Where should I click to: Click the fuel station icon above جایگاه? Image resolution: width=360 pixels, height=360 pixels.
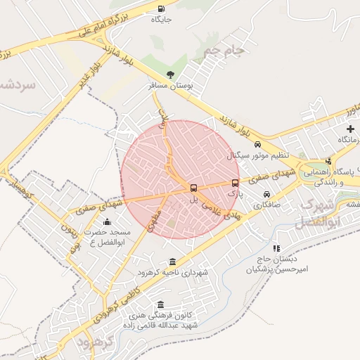[x=161, y=9]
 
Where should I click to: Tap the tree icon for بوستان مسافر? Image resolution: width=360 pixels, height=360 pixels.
[x=170, y=74]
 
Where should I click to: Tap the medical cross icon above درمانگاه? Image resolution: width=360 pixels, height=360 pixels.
[x=350, y=129]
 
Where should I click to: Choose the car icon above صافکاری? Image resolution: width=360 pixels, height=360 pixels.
[x=266, y=194]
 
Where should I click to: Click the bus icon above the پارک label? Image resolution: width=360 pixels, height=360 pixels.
[x=235, y=183]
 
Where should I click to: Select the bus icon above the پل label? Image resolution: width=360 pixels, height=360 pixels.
[x=194, y=188]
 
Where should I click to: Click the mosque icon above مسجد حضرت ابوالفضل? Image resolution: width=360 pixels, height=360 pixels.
[x=107, y=222]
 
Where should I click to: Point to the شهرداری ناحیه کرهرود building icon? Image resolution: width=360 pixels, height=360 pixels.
[x=173, y=262]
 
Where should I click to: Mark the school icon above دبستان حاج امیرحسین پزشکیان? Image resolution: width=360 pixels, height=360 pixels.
[x=276, y=248]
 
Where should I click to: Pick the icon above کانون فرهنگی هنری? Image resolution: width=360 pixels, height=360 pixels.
[x=161, y=305]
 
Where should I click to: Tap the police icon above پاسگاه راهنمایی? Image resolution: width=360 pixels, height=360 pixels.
[x=328, y=161]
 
